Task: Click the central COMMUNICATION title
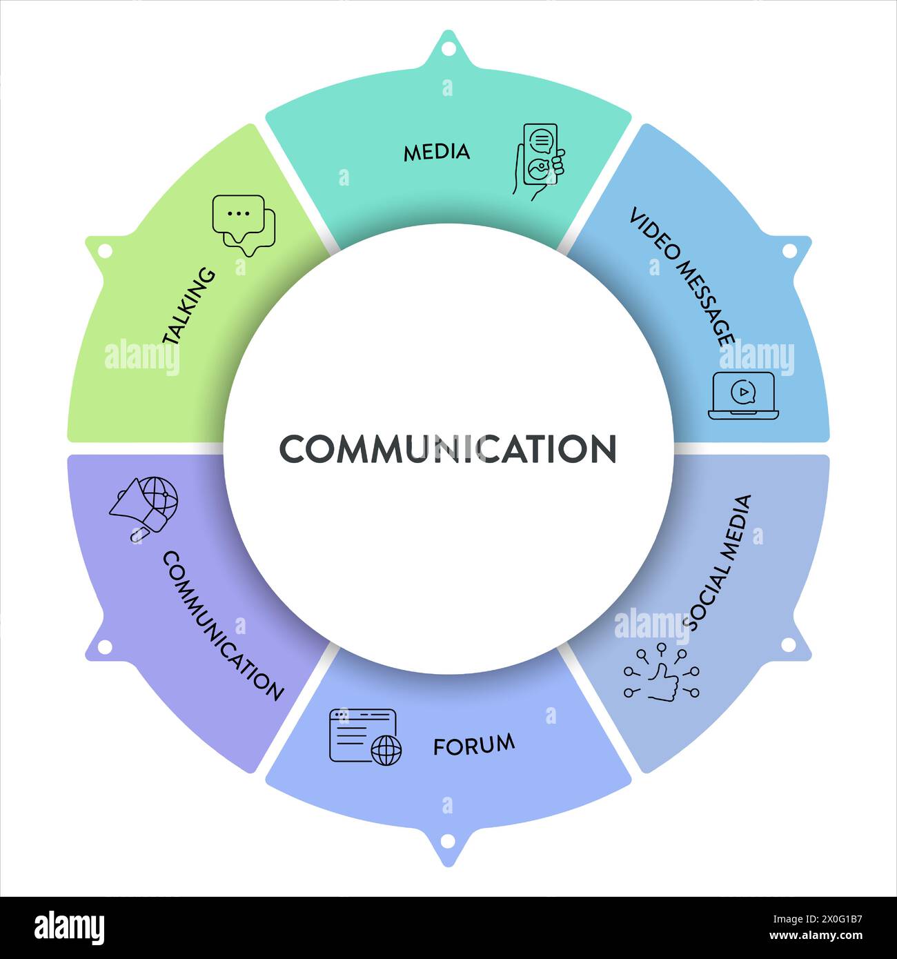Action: click(448, 448)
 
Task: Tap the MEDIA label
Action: click(436, 152)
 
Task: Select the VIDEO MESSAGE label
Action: click(681, 276)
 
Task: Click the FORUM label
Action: click(474, 744)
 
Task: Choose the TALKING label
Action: click(189, 306)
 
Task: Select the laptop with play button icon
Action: click(743, 395)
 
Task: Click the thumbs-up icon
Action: click(662, 675)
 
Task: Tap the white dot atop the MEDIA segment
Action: click(448, 49)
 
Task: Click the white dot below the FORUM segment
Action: click(448, 841)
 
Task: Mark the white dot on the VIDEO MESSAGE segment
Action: click(789, 251)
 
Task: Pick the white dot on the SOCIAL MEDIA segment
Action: click(789, 644)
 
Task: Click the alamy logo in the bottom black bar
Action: click(69, 928)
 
